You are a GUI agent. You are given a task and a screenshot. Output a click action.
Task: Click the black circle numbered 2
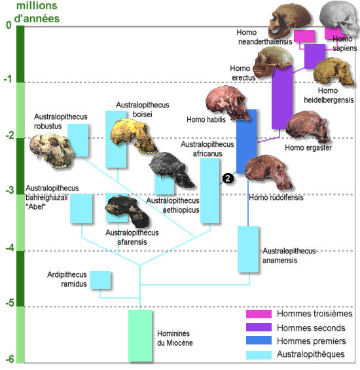(228, 178)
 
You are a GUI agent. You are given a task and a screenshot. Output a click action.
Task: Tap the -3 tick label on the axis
(10, 190)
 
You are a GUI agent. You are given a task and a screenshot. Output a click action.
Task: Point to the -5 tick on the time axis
(10, 303)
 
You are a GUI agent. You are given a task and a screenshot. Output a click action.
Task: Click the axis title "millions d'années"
(37, 12)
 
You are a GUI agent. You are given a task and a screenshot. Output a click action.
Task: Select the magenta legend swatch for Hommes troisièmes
(259, 314)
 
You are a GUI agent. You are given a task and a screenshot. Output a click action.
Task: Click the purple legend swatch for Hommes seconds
(259, 327)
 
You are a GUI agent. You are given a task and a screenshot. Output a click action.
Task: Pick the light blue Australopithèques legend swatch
(259, 355)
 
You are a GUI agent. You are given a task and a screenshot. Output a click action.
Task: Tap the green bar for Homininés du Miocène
(140, 335)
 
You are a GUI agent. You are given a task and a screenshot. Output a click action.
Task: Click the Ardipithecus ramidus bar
(100, 280)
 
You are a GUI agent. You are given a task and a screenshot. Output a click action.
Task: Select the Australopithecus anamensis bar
(248, 250)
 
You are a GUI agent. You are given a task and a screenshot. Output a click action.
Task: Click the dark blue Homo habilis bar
(247, 141)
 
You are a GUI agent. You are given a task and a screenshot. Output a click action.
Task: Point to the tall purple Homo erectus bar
(282, 97)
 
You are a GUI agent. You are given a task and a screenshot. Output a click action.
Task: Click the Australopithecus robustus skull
(52, 151)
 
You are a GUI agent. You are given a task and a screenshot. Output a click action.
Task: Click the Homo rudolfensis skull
(269, 172)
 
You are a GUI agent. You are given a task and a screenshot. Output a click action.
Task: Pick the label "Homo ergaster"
(308, 148)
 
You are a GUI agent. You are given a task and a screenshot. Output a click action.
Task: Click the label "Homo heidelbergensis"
(329, 96)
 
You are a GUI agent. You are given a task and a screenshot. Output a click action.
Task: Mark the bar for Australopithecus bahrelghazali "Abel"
(81, 209)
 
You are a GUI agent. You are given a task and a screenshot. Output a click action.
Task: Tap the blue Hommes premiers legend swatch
(259, 341)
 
